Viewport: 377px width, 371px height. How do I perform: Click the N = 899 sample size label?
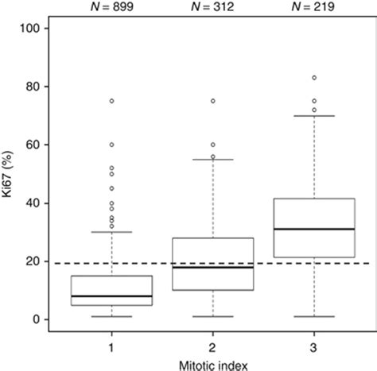111,8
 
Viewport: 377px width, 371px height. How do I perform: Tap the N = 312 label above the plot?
213,8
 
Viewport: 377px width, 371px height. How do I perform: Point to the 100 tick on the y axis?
38,28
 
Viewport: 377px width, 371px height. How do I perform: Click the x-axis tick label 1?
111,347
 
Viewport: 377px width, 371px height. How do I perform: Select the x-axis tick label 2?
213,347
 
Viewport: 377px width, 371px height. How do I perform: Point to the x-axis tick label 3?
314,347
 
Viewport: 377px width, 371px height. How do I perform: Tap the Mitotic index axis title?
212,364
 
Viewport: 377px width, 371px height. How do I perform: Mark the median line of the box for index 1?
111,296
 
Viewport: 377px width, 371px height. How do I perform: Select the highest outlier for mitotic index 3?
314,78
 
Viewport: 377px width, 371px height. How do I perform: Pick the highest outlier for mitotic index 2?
213,101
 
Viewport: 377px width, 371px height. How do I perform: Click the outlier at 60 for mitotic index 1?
111,145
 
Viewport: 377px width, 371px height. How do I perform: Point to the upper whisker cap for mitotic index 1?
111,232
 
